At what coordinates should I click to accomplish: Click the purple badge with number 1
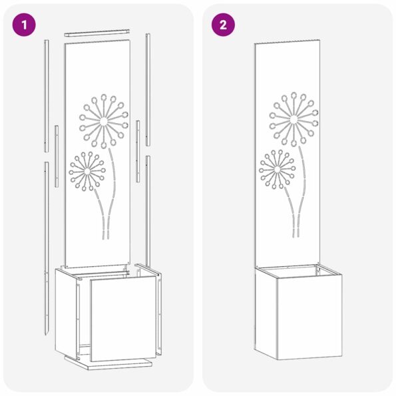pos(26,25)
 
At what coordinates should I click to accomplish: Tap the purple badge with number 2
pos(223,25)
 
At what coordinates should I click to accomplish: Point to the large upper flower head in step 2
pos(292,118)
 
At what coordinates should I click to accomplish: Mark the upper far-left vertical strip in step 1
pos(47,93)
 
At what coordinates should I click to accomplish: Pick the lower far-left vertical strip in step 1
pos(45,246)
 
